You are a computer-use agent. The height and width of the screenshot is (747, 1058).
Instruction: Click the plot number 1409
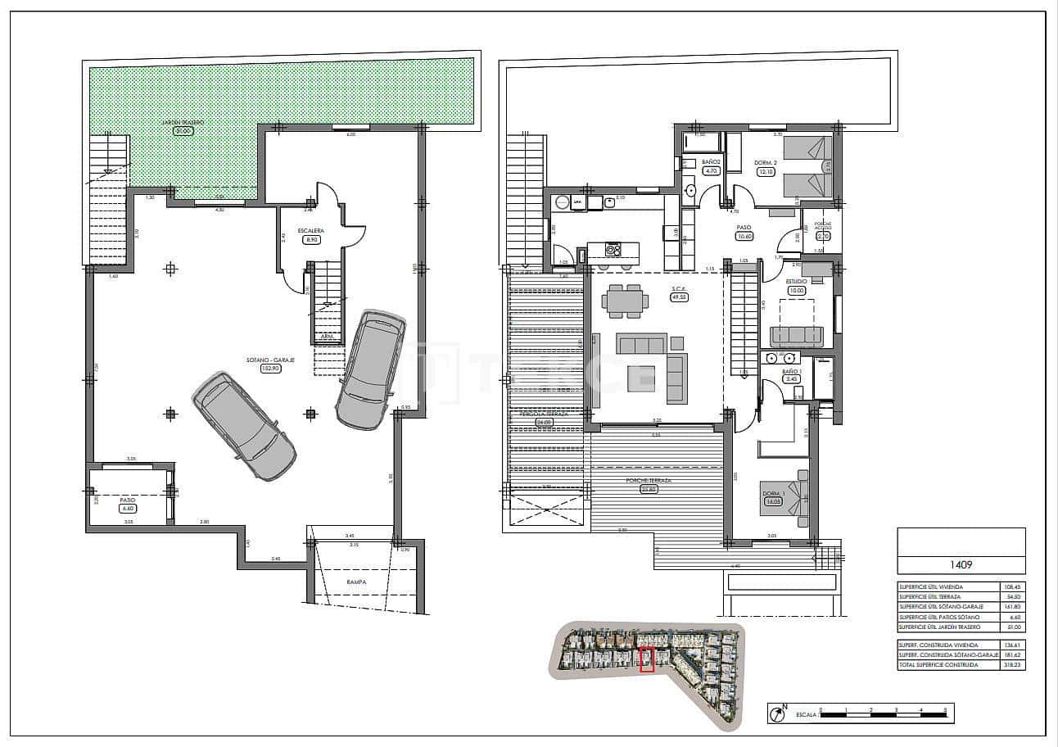[961, 564]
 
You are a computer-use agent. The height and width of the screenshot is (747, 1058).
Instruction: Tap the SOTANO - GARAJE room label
[271, 359]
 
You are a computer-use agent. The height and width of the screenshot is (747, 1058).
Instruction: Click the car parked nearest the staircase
[371, 370]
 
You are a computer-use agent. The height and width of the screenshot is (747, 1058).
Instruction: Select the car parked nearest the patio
[245, 425]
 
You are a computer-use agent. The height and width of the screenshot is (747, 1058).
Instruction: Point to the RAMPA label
[355, 582]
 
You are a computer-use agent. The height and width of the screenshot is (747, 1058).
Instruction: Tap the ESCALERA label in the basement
[310, 231]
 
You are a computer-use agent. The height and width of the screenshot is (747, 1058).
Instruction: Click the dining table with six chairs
[625, 301]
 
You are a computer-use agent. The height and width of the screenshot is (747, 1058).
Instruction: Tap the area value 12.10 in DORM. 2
[765, 172]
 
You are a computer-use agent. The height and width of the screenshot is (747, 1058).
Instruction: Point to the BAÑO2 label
[711, 162]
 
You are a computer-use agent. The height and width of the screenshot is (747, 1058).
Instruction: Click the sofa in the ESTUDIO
[797, 335]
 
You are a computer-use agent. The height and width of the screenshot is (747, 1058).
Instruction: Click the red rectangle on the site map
[647, 659]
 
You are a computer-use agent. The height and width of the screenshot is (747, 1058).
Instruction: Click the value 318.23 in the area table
[1012, 665]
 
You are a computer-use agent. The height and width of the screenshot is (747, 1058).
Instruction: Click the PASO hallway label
[744, 228]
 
